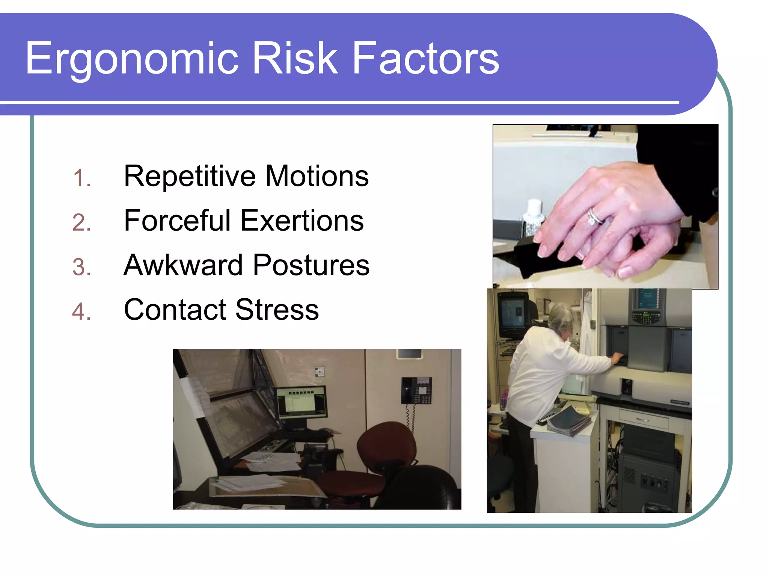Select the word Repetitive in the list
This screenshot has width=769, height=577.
(190, 177)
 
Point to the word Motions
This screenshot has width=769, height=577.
(317, 177)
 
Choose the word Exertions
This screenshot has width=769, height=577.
(302, 221)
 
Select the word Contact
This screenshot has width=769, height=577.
(175, 310)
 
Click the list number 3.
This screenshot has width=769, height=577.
(81, 267)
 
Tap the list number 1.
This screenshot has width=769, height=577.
(81, 178)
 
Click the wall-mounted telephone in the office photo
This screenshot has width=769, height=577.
(416, 391)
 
